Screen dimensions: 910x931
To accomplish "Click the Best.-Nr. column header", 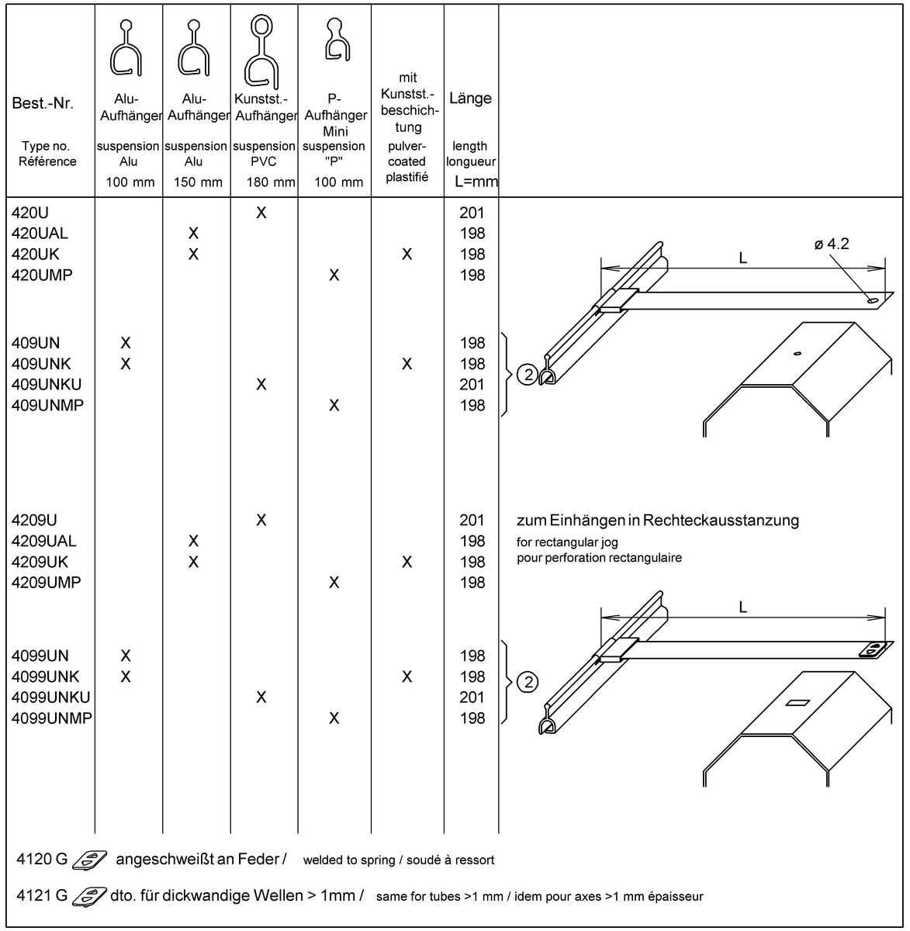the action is point(43,103).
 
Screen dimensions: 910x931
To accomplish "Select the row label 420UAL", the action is point(40,234).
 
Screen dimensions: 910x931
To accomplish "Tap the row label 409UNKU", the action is point(47,385).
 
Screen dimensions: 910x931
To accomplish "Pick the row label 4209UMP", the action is point(47,583).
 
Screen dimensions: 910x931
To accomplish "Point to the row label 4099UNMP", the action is point(52,718).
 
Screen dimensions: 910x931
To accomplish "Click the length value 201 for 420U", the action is point(472,213).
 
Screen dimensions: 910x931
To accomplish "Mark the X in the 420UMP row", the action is point(334,275).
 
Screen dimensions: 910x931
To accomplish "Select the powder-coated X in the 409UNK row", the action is point(407,364).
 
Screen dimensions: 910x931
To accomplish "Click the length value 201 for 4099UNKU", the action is point(472,697).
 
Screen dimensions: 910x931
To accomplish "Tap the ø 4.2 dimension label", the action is point(832,244).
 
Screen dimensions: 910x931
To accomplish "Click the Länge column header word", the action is point(470,98).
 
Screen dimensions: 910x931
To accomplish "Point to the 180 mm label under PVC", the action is point(271,182).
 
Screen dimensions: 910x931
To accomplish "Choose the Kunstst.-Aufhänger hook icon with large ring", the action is point(261,52).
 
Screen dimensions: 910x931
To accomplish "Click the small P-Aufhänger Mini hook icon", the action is point(337,40).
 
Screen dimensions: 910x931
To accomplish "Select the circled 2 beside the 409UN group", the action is point(528,375).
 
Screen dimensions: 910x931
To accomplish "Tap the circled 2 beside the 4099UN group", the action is point(528,682).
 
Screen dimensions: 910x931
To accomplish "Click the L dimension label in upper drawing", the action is point(742,258).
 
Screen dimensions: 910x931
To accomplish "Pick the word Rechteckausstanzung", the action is point(721,521).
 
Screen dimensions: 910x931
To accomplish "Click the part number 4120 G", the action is point(42,860).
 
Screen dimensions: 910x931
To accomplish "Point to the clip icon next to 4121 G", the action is point(89,897).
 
